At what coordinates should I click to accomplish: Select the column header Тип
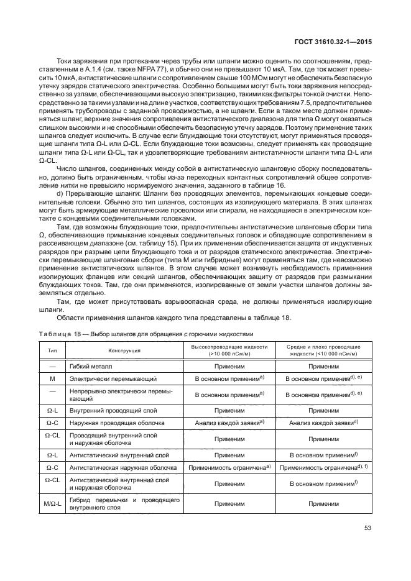[x=52, y=349]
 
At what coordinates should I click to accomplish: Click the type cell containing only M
[x=52, y=377]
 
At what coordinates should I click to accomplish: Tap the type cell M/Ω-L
[x=52, y=503]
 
